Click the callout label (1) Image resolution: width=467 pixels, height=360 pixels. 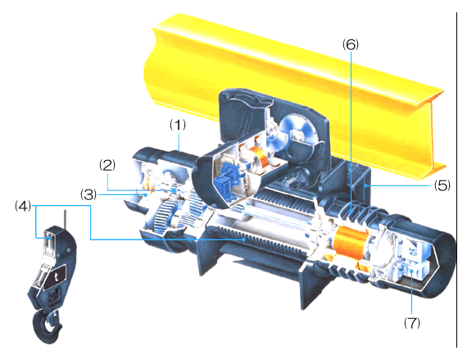click(178, 125)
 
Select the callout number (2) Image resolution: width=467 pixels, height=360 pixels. click(107, 165)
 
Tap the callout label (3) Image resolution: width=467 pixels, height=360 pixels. click(88, 194)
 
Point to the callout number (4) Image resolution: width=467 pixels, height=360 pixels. click(23, 206)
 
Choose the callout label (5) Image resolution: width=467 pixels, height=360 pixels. click(442, 185)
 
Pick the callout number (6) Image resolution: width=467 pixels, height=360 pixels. click(351, 44)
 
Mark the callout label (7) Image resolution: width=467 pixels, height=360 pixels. click(412, 322)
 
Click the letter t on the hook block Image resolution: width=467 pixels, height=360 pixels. click(57, 277)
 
